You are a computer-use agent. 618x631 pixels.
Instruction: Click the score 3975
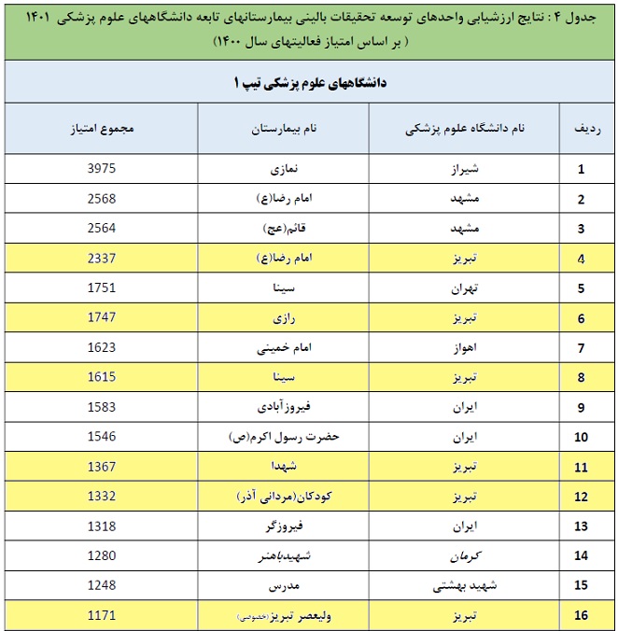point(101,170)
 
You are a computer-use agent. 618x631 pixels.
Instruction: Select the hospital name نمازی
point(284,170)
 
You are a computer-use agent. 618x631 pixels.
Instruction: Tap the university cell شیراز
point(463,170)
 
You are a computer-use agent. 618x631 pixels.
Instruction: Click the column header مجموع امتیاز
point(102,129)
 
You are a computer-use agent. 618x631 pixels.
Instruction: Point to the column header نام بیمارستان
point(284,129)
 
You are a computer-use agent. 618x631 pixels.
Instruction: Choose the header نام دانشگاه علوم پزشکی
point(464,129)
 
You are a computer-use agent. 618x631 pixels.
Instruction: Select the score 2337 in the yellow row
point(101,259)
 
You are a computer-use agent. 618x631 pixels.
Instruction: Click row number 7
point(581,348)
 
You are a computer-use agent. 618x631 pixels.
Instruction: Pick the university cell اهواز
point(463,348)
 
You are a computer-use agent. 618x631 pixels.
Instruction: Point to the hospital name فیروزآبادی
point(283,407)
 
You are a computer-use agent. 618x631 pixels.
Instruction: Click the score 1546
point(101,437)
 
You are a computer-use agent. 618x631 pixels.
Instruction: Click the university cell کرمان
point(463,556)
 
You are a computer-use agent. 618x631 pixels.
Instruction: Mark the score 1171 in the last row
point(101,616)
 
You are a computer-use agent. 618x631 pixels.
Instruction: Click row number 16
point(581,616)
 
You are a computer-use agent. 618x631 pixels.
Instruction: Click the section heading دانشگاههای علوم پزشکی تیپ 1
point(308,83)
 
